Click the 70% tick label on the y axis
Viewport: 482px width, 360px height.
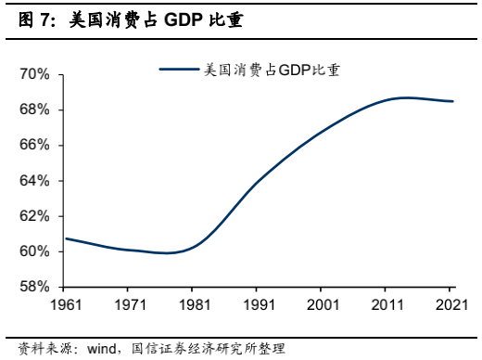(35, 74)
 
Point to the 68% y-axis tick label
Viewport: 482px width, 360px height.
(35, 109)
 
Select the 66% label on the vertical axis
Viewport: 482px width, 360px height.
(35, 145)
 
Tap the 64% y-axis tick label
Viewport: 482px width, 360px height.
(35, 180)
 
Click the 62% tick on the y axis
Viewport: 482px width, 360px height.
(35, 215)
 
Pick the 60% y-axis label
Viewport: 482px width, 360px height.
(35, 251)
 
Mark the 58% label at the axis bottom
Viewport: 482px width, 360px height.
(35, 286)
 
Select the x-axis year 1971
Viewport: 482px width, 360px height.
(130, 303)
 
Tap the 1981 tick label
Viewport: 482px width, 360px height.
(195, 303)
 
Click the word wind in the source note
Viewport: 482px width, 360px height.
(103, 349)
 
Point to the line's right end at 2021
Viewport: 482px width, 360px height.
(452, 101)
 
